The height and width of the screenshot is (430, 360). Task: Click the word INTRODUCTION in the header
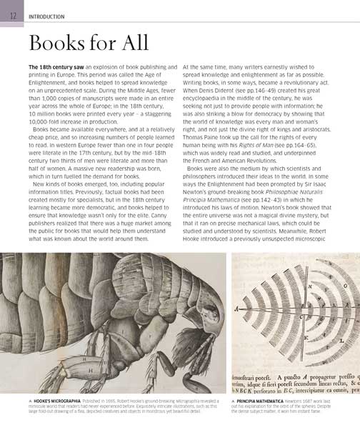tap(46, 16)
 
